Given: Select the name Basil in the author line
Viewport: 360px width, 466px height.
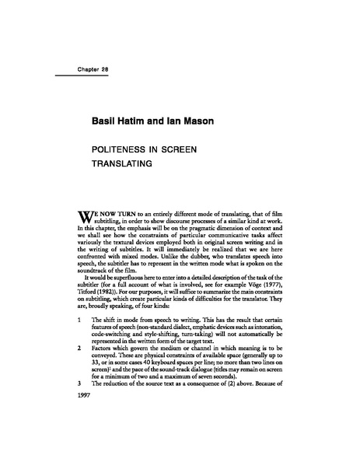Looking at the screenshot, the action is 107,123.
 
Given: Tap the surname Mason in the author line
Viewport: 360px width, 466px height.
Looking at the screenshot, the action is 203,123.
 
